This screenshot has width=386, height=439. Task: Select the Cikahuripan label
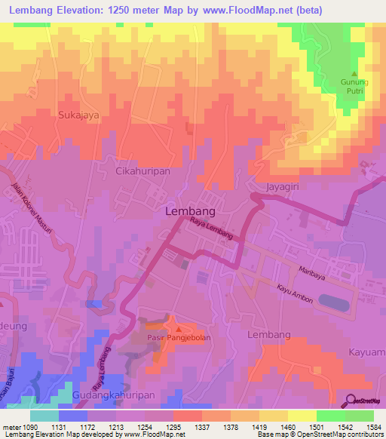(142, 172)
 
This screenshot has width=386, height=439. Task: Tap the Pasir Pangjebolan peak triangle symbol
(178, 329)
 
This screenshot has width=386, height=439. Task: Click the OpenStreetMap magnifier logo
(351, 401)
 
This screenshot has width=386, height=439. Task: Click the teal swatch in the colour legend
(44, 416)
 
